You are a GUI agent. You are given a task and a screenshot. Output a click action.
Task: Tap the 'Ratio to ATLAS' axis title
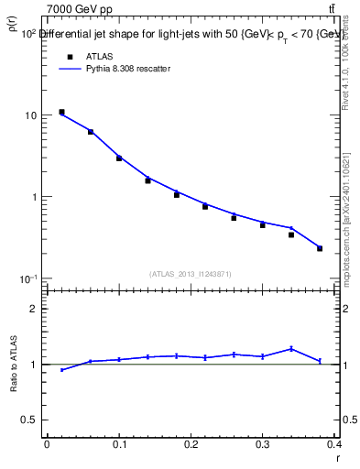pyautogui.click(x=16, y=365)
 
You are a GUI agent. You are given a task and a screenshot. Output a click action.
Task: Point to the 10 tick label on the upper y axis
pyautogui.click(x=31, y=116)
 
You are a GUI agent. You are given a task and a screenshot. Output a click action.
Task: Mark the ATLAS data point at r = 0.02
pyautogui.click(x=61, y=112)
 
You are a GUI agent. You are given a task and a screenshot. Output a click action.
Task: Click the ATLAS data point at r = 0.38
pyautogui.click(x=320, y=248)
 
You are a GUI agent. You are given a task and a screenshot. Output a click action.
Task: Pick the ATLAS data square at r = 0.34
pyautogui.click(x=291, y=234)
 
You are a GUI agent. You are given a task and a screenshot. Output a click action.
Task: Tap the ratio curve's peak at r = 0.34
pyautogui.click(x=291, y=348)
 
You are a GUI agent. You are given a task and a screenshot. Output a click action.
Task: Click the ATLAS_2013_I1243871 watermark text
pyautogui.click(x=191, y=274)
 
